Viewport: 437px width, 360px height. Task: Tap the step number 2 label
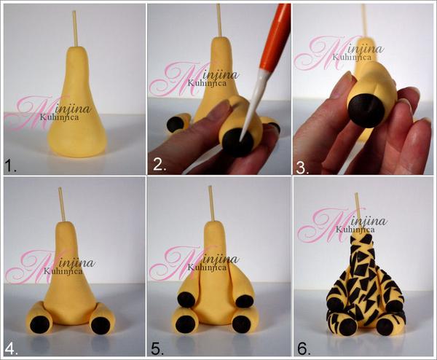coord(160,165)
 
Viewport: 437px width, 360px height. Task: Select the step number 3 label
coord(302,168)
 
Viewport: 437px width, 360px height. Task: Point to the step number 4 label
coord(11,349)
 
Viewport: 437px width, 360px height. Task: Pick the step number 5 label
coord(157,349)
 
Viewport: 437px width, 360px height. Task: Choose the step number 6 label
coord(304,349)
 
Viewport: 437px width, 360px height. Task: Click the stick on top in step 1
coord(74,29)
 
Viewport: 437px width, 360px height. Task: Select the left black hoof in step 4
coord(40,324)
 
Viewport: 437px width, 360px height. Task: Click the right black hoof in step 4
coord(101,325)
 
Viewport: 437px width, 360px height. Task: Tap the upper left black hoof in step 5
coord(186,299)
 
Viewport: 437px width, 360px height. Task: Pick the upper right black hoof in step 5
coord(245,301)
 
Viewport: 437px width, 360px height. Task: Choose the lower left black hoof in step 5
coord(186,324)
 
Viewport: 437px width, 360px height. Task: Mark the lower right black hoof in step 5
coord(243,324)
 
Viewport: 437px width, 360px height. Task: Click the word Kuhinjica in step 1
coord(59,117)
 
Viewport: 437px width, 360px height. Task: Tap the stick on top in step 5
coord(211,203)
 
